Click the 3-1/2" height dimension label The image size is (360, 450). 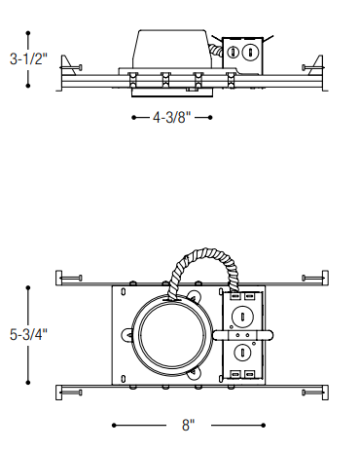coord(28,59)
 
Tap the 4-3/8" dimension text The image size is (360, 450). coord(172,117)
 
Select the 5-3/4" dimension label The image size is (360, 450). coord(28,334)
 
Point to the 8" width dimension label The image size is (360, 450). coord(189,425)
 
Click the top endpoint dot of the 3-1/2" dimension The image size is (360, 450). coord(28,33)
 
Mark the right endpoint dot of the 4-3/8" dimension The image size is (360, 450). coord(210,117)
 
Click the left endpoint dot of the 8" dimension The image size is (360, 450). coord(114,425)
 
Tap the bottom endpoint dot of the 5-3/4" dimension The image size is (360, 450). coord(28,383)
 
